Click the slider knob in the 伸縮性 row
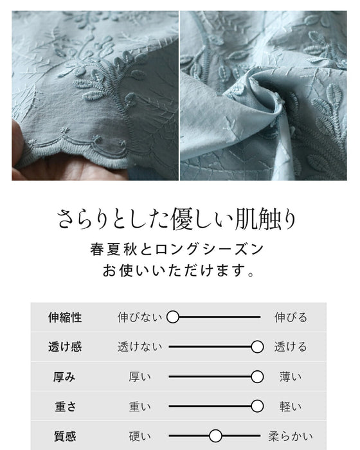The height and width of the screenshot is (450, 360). [x=172, y=317]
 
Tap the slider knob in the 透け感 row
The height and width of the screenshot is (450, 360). [x=257, y=346]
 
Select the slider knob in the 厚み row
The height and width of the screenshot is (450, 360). [x=257, y=377]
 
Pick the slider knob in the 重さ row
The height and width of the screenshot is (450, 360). [x=257, y=406]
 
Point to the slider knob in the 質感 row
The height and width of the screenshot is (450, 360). [x=215, y=436]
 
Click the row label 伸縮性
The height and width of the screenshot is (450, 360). [x=65, y=318]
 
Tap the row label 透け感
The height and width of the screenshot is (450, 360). [x=65, y=347]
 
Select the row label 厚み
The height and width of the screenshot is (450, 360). [x=64, y=377]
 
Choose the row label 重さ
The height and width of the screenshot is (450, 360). [x=65, y=407]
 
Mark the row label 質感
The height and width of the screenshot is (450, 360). [x=65, y=437]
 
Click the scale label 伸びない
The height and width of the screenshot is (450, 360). [x=139, y=318]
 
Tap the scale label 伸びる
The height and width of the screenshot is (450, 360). [x=291, y=318]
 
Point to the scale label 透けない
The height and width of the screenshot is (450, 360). [x=139, y=347]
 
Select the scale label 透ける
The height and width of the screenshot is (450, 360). [x=291, y=347]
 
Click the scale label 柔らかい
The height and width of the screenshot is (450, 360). [x=291, y=437]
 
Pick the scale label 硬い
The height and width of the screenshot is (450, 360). [x=139, y=437]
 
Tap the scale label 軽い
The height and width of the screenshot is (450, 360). [x=291, y=407]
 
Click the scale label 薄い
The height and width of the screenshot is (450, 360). [x=291, y=377]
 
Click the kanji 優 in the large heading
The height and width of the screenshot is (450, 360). [x=182, y=220]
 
